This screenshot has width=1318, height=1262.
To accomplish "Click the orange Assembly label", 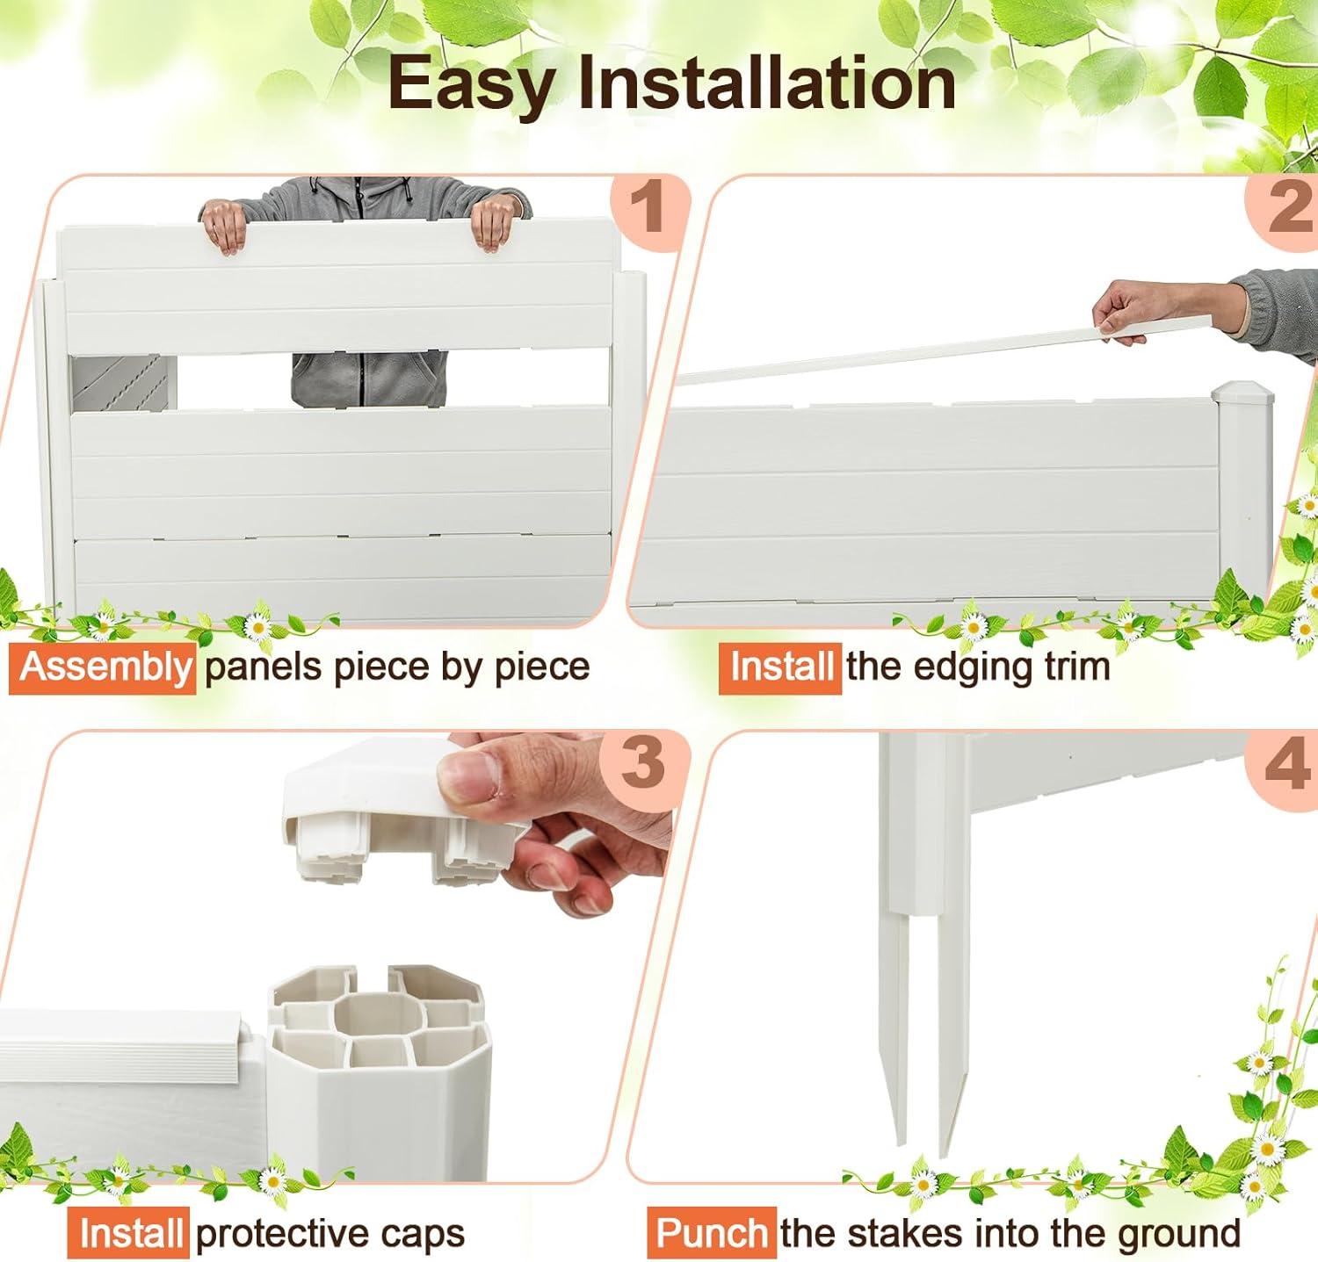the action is pos(103,667).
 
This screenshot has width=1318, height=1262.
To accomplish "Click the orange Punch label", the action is pos(712,1233).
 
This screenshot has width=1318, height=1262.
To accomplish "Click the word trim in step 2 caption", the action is pos(1077,666).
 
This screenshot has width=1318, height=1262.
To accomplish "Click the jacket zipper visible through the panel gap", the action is pos(360,378).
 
